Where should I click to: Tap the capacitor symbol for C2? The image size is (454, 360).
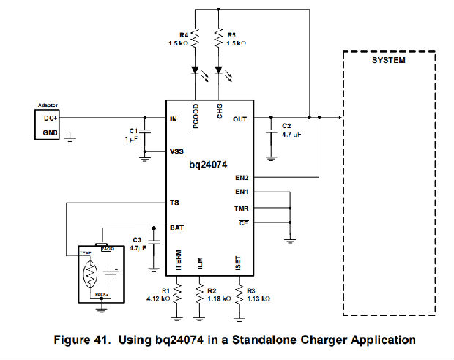(x=271, y=129)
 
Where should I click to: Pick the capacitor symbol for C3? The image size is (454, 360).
(x=154, y=241)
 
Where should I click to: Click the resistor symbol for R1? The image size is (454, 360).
(x=176, y=295)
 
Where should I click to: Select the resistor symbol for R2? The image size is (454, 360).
(x=199, y=295)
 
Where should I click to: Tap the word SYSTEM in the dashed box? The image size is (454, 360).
(x=389, y=60)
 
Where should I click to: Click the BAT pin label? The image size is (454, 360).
(x=176, y=228)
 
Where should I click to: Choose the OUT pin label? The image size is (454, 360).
(x=240, y=119)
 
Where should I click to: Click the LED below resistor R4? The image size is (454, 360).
(x=196, y=72)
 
